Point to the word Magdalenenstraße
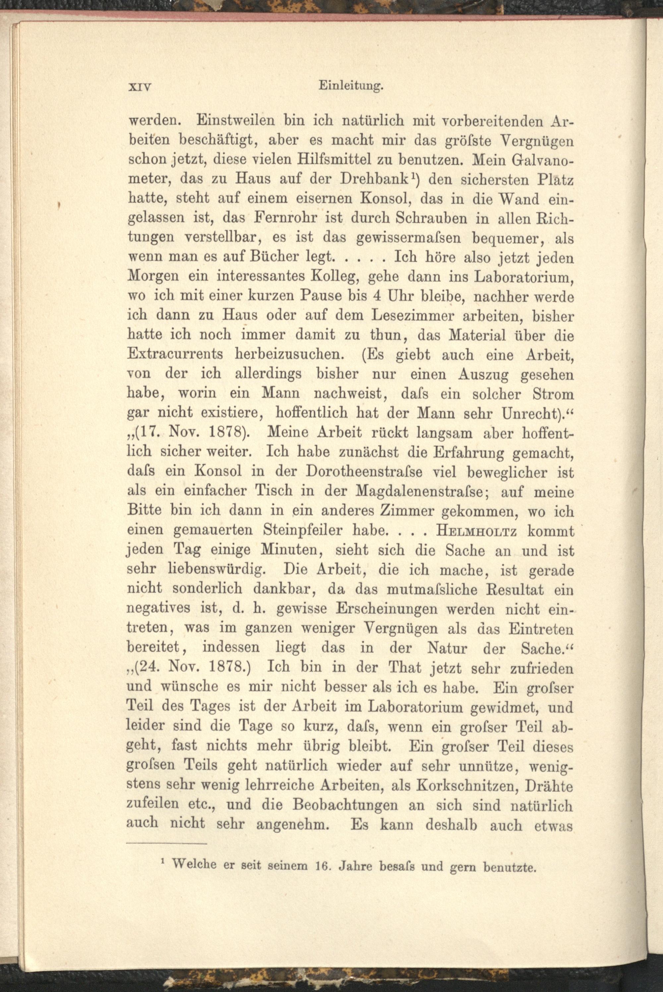click(x=423, y=492)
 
